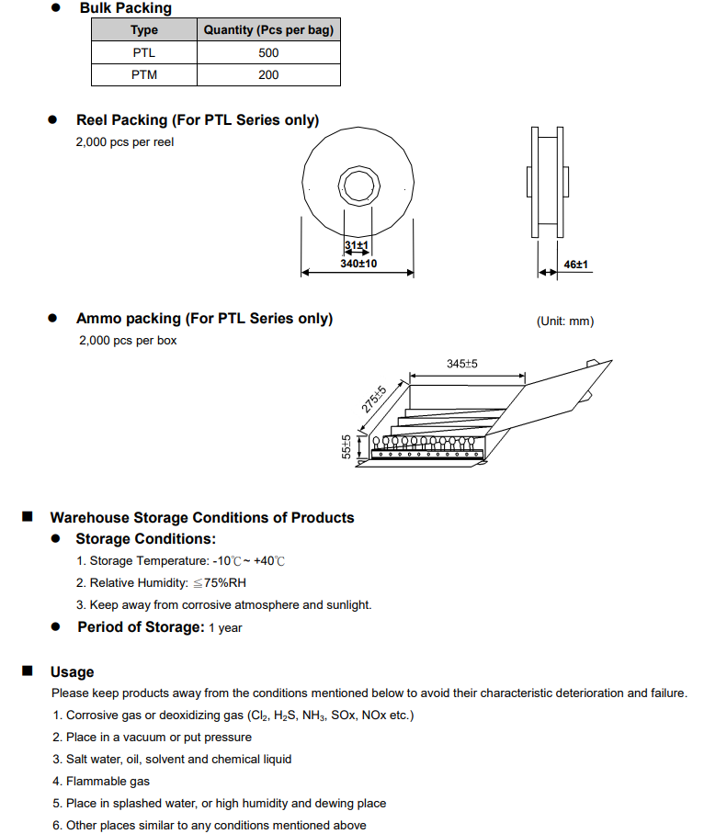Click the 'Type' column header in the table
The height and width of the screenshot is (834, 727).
(x=144, y=30)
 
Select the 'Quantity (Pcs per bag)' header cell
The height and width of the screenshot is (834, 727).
(x=268, y=30)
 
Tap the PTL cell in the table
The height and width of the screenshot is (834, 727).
(x=144, y=52)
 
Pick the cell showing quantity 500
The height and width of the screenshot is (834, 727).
(x=268, y=52)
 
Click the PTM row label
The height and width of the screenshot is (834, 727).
(x=144, y=74)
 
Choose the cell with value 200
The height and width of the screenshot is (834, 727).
(x=268, y=74)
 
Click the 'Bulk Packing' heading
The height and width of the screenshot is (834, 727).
(x=125, y=8)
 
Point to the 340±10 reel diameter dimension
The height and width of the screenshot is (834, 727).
(x=358, y=264)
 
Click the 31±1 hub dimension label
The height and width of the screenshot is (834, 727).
(x=357, y=246)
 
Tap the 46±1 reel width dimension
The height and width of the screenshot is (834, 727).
(x=576, y=265)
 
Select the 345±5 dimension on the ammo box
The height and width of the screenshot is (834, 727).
(x=462, y=365)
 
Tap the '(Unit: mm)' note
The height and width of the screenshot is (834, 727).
(x=565, y=321)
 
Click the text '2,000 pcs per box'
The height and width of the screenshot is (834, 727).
(x=128, y=341)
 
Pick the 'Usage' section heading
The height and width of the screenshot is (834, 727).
(x=72, y=672)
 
